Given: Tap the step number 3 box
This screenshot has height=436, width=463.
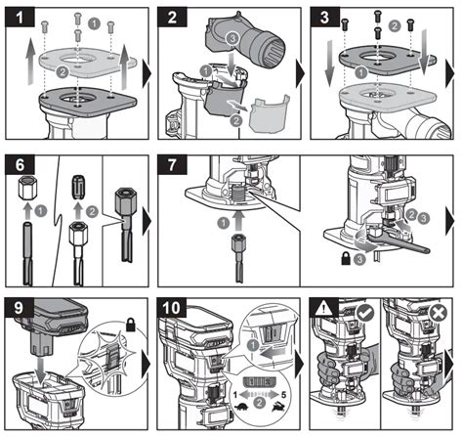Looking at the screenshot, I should [x=327, y=17].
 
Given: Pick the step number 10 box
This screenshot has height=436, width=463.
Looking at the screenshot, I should [x=175, y=305].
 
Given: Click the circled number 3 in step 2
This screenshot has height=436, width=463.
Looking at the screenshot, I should [x=231, y=36].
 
